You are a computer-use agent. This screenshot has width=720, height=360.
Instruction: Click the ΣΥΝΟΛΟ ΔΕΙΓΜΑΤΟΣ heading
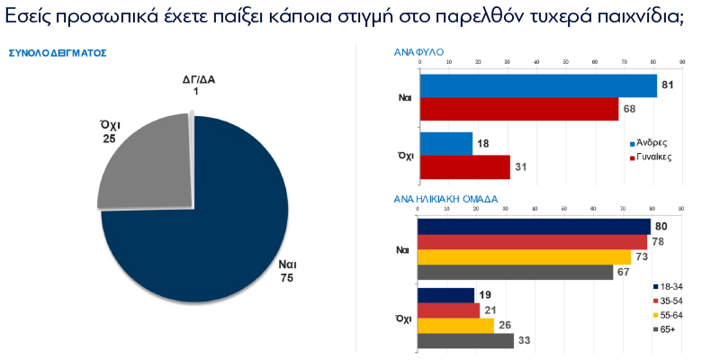[58, 53]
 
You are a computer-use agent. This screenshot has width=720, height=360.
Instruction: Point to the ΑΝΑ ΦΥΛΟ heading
[419, 53]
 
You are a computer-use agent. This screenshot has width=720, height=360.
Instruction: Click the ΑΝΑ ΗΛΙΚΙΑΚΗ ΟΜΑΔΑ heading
[446, 199]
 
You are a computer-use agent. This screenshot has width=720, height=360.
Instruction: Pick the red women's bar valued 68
[518, 109]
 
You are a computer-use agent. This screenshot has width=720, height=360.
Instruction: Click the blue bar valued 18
[445, 143]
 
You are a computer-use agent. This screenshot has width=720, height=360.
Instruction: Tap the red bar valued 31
[464, 166]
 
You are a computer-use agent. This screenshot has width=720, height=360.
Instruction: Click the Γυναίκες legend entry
[653, 157]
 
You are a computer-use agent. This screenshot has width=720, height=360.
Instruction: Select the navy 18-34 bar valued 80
[535, 226]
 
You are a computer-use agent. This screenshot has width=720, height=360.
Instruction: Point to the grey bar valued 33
[466, 341]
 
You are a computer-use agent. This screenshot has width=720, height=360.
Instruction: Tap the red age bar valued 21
[449, 310]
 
